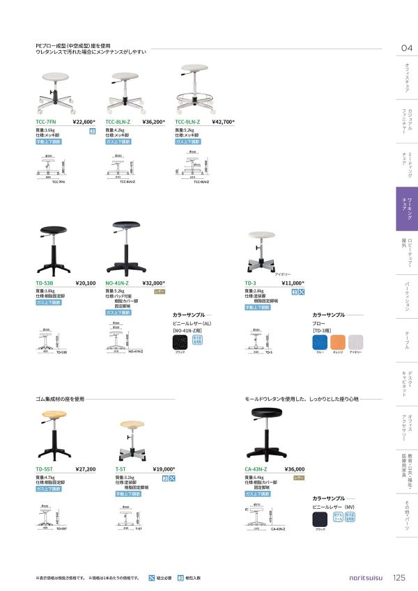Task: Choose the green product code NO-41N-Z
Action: click(x=117, y=283)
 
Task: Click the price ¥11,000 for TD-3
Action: click(x=291, y=283)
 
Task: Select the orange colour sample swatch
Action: click(x=338, y=342)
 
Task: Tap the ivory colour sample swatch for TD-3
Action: click(x=355, y=342)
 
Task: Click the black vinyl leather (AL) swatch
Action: click(x=180, y=342)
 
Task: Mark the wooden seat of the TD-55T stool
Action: click(x=53, y=416)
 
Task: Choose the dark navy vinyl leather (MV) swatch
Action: click(x=321, y=519)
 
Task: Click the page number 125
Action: click(x=399, y=577)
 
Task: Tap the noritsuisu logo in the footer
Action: click(x=364, y=578)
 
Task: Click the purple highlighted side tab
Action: click(x=406, y=209)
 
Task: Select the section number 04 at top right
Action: click(x=407, y=48)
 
